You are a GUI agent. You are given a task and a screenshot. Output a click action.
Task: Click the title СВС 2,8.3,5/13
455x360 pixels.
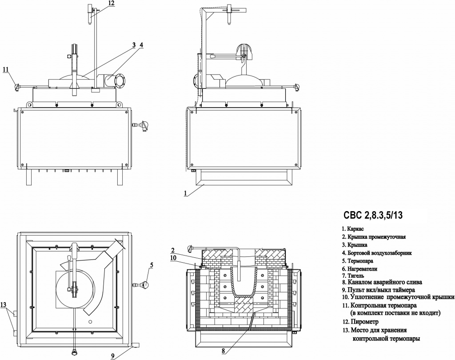click(373, 215)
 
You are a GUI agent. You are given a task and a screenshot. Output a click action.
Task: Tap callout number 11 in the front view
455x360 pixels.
click(6, 69)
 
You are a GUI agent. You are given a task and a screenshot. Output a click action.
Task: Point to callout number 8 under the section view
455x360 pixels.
click(223, 351)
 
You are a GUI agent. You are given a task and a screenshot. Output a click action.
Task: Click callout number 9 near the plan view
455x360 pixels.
click(112, 356)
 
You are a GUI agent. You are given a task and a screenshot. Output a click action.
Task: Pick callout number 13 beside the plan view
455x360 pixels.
click(4, 305)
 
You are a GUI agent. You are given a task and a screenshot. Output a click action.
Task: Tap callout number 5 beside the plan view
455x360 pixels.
click(152, 265)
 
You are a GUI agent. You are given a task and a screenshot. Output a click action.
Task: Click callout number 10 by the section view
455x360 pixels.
click(174, 257)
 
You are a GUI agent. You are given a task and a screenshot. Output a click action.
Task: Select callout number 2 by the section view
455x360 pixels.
click(173, 250)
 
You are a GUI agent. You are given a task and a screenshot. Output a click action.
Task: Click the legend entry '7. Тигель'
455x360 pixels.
click(353, 276)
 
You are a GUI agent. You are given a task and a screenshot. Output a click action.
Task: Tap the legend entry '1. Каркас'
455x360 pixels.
click(352, 229)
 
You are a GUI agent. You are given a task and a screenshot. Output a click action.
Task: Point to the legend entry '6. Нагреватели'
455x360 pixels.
click(359, 269)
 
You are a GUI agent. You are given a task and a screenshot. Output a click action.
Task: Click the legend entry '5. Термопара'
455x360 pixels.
click(358, 261)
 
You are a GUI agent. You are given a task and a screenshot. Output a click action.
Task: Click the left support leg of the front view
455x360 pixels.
click(29, 177)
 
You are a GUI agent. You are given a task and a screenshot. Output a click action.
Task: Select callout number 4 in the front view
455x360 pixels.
click(141, 45)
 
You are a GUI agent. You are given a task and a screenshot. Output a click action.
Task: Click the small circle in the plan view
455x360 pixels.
click(91, 322)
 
